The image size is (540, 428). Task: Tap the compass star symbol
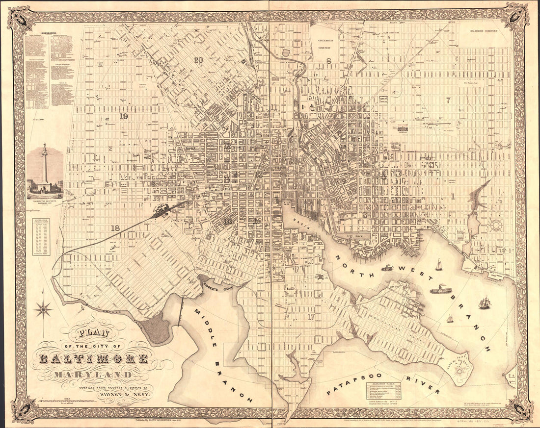[43, 309]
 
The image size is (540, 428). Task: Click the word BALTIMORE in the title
[93, 358]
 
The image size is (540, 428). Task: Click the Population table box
[44, 237]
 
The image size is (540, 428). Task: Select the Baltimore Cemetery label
[483, 30]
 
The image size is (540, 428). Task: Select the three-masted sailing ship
[485, 302]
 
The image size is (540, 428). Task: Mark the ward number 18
[115, 227]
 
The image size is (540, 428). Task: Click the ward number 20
[198, 60]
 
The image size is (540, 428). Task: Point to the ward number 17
[311, 316]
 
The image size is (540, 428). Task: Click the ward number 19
[123, 116]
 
